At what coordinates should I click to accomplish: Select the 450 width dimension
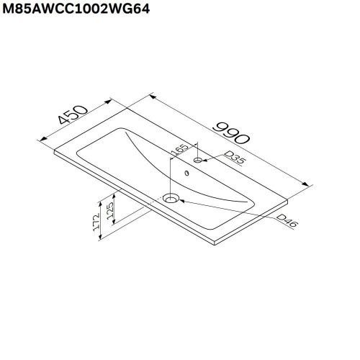pyautogui.click(x=74, y=116)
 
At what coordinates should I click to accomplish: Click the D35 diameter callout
pyautogui.click(x=234, y=159)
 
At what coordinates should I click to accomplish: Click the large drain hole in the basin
pyautogui.click(x=171, y=198)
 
